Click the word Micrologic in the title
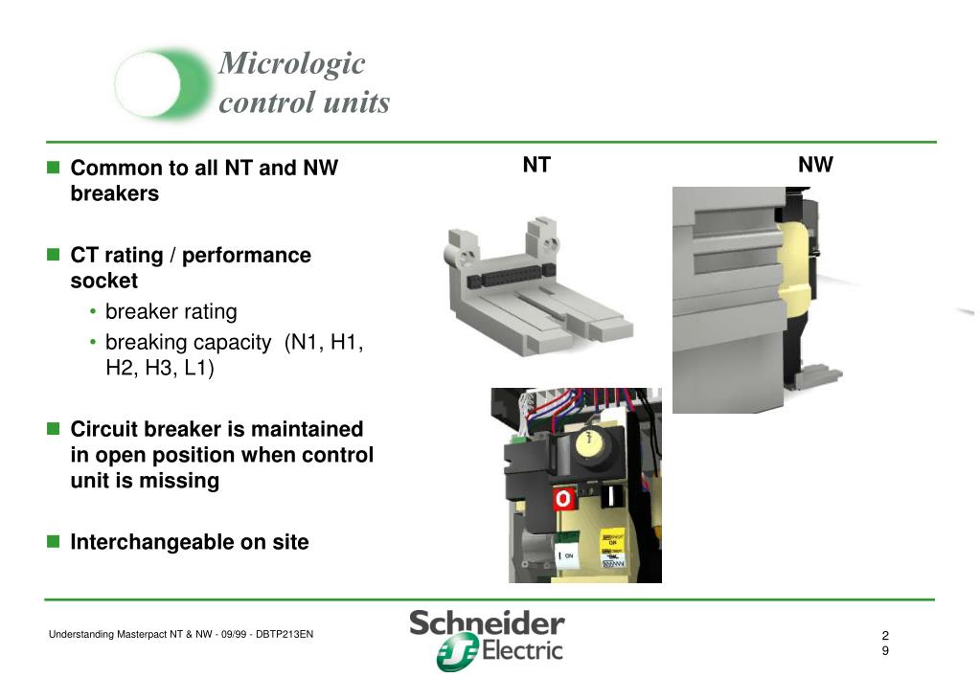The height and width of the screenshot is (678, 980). [x=292, y=64]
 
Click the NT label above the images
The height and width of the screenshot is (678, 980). [x=536, y=165]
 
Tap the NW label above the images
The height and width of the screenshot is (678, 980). [x=815, y=165]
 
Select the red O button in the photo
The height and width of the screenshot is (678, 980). [x=563, y=500]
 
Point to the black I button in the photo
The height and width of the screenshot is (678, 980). [x=609, y=498]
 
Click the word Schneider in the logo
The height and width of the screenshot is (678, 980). [x=487, y=624]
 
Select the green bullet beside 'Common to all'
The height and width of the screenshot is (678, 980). [x=54, y=168]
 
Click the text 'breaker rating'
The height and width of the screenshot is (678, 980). [x=171, y=311]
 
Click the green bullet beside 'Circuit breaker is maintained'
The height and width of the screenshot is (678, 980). [x=54, y=428]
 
